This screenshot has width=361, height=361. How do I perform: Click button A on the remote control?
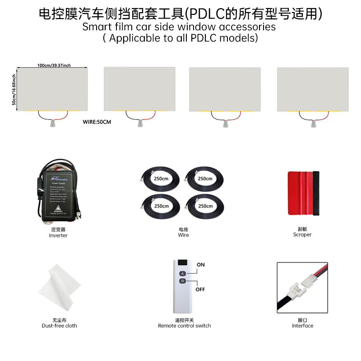pyautogui.click(x=183, y=273)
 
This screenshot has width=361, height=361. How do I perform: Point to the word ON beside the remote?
pyautogui.click(x=201, y=265)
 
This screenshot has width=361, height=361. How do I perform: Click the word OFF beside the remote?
pyautogui.click(x=200, y=289)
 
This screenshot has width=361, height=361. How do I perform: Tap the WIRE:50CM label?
pyautogui.click(x=97, y=122)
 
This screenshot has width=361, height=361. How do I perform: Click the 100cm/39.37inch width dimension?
pyautogui.click(x=54, y=65)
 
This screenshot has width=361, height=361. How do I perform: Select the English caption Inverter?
pyautogui.click(x=58, y=236)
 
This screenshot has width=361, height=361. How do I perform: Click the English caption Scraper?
pyautogui.click(x=302, y=235)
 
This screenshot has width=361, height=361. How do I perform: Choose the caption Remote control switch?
pyautogui.click(x=184, y=326)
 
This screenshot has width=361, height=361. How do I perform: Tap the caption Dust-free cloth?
pyautogui.click(x=59, y=326)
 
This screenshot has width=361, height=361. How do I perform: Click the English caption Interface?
pyautogui.click(x=302, y=326)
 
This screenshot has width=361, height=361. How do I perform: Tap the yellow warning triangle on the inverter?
pyautogui.click(x=58, y=211)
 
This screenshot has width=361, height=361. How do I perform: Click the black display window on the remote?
pyautogui.click(x=182, y=263)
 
